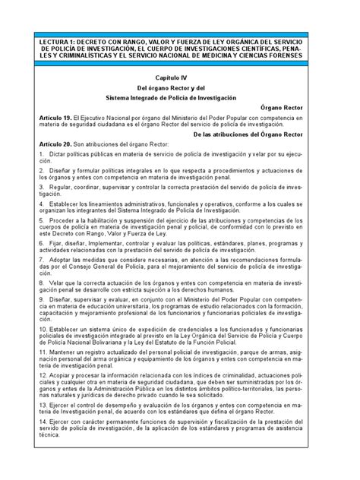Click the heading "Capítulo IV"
point(180,78)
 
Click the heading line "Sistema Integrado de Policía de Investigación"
point(180,98)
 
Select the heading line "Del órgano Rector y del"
point(180,88)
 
